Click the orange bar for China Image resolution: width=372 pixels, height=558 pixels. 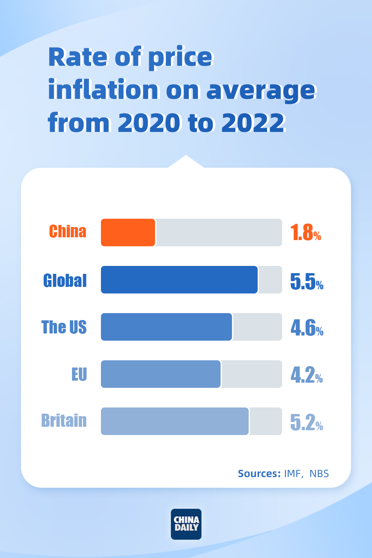coord(128,232)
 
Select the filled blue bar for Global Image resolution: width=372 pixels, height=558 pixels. coord(179,280)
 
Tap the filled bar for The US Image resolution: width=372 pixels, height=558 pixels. coord(166,327)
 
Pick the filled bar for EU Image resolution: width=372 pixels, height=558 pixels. coord(161,374)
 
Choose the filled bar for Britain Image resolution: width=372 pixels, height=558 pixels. coord(175,421)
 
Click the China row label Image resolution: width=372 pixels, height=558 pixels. coord(68,231)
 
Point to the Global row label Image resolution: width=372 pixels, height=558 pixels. coord(65,280)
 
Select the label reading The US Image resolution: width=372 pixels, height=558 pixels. coord(64,327)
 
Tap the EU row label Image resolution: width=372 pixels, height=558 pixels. coord(79,374)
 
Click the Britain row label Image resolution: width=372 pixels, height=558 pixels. coord(64,421)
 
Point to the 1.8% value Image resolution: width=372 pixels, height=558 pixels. coord(306,232)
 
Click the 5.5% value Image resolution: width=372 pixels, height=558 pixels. coord(307,281)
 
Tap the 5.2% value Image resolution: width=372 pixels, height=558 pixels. coord(307,422)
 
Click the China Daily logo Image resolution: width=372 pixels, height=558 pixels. coord(186,524)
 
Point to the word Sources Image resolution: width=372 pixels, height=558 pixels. coord(259,474)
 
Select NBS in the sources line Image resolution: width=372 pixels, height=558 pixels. coord(319,474)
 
